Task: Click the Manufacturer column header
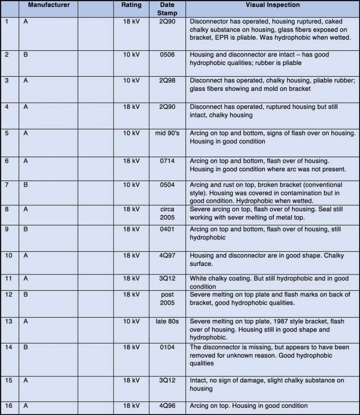pyautogui.click(x=49, y=5)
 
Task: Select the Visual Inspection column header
pyautogui.click(x=272, y=5)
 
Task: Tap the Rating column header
pyautogui.click(x=131, y=5)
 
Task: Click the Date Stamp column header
pyautogui.click(x=167, y=9)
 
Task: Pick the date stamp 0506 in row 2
pyautogui.click(x=167, y=55)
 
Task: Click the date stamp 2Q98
pyautogui.click(x=167, y=81)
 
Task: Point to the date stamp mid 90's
pyautogui.click(x=167, y=133)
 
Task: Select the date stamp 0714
pyautogui.click(x=167, y=161)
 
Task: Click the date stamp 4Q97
pyautogui.click(x=167, y=255)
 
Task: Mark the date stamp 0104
pyautogui.click(x=167, y=347)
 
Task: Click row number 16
pyautogui.click(x=8, y=406)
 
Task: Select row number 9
pyautogui.click(x=7, y=230)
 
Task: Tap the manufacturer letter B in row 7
pyautogui.click(x=26, y=185)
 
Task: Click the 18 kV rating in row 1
pyautogui.click(x=131, y=22)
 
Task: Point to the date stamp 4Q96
pyautogui.click(x=167, y=406)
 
